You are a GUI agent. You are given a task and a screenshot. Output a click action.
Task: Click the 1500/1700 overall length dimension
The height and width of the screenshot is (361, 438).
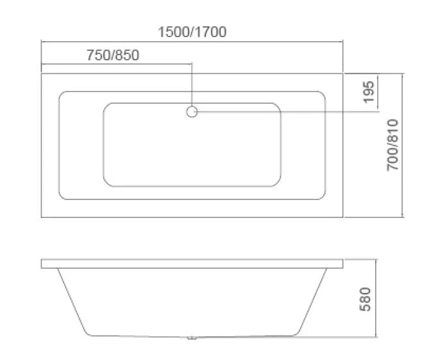192,31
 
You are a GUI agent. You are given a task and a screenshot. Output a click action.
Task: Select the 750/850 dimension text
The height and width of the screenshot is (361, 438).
112,55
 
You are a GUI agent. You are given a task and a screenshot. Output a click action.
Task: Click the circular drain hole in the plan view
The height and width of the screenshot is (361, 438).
192,112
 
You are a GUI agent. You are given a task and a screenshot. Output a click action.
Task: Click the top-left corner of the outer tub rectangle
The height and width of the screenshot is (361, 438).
42,73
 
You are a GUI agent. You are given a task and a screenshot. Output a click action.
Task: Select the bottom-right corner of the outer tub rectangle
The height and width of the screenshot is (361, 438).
343,217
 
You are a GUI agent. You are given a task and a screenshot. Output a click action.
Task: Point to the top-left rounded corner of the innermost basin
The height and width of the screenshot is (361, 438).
107,105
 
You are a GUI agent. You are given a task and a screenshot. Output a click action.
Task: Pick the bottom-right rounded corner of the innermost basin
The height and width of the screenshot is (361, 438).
277,183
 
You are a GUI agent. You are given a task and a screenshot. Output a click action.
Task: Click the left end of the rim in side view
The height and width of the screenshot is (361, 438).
42,264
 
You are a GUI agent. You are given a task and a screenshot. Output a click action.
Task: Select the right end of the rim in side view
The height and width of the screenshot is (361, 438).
342,264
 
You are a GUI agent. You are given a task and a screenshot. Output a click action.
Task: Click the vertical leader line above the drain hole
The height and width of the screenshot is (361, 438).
192,83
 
